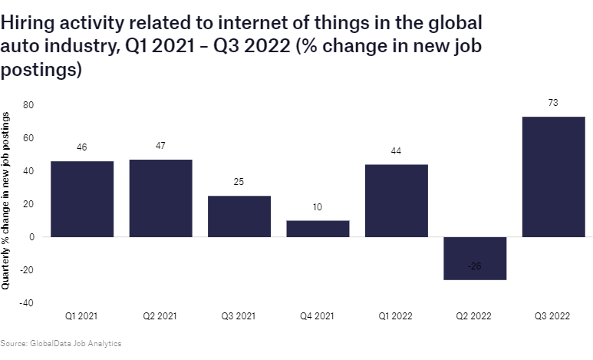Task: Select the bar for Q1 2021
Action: pyautogui.click(x=81, y=199)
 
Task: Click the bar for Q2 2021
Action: pyautogui.click(x=160, y=198)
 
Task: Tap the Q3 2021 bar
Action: pyautogui.click(x=239, y=216)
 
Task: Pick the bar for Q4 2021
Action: pyautogui.click(x=318, y=229)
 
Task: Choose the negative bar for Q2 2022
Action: pyautogui.click(x=475, y=258)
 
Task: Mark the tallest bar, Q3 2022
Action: pyautogui.click(x=553, y=177)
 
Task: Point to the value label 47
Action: pyautogui.click(x=160, y=146)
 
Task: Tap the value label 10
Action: pyautogui.click(x=318, y=207)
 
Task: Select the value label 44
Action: pyautogui.click(x=396, y=151)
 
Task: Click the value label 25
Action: pyautogui.click(x=239, y=183)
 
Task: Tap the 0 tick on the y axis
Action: pyautogui.click(x=32, y=237)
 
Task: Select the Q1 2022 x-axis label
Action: pyautogui.click(x=396, y=316)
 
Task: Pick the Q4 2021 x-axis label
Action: pyautogui.click(x=318, y=316)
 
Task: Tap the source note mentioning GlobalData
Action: pyautogui.click(x=61, y=343)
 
